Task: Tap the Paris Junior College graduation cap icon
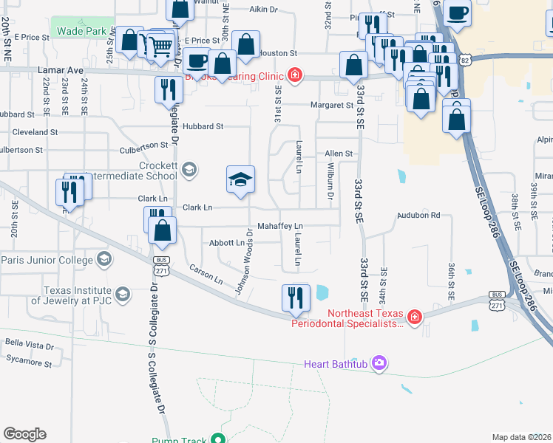104,259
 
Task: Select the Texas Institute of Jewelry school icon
123,295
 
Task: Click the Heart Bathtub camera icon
379,363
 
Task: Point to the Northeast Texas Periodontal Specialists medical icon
415,317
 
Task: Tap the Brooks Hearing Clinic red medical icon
294,75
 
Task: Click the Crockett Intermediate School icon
189,171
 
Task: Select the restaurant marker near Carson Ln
296,298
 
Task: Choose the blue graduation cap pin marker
240,181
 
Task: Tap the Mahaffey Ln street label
280,225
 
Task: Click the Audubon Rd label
419,216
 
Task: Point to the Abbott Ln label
227,242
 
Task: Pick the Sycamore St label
29,363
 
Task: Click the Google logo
24,434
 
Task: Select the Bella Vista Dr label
30,345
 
